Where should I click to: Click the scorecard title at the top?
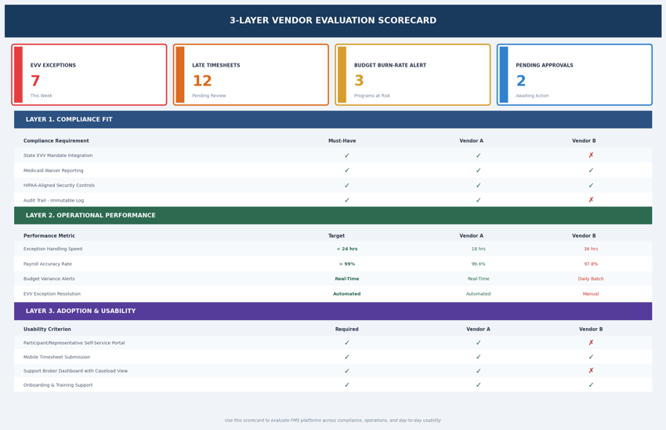click(x=333, y=21)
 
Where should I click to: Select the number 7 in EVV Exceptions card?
click(x=35, y=82)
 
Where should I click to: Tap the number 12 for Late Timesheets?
click(x=202, y=82)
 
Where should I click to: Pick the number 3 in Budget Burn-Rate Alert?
click(x=359, y=82)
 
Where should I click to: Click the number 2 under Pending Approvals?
click(x=521, y=82)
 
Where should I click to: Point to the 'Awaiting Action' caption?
click(x=532, y=96)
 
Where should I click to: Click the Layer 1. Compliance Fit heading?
click(x=69, y=120)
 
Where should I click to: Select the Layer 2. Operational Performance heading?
click(x=90, y=216)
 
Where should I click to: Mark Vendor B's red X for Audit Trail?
click(x=591, y=200)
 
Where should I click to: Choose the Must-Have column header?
click(x=342, y=141)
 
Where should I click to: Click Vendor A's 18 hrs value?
click(x=478, y=249)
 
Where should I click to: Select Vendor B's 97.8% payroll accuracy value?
click(x=591, y=264)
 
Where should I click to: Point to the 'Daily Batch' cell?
click(x=591, y=279)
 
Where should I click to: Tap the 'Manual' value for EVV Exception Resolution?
click(x=591, y=294)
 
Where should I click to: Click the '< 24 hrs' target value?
click(x=347, y=249)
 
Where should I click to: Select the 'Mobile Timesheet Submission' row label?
click(x=62, y=357)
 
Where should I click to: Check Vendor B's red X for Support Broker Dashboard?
click(x=591, y=371)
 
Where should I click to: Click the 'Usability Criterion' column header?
click(x=47, y=330)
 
